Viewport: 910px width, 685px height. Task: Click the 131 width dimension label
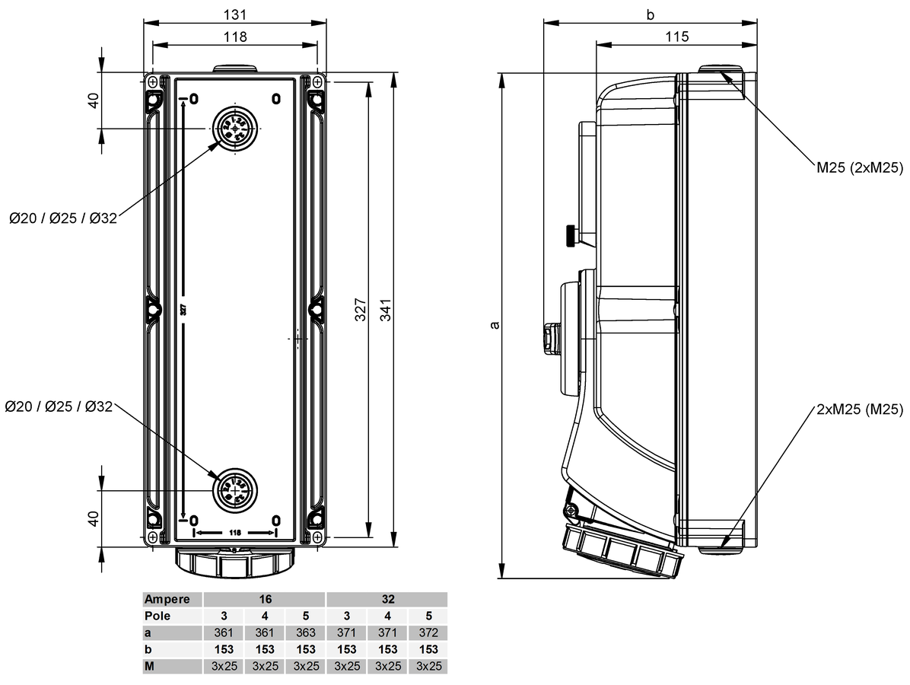(235, 14)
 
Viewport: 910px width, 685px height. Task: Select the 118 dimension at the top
(235, 37)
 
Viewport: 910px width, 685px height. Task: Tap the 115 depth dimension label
(676, 37)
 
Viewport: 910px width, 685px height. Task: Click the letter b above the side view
(650, 14)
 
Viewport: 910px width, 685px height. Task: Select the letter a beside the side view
(495, 325)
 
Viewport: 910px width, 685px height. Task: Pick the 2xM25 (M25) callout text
(858, 409)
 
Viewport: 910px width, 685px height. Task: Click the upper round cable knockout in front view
(235, 128)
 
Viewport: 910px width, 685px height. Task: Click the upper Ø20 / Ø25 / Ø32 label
(63, 218)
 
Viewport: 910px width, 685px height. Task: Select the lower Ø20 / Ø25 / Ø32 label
(58, 407)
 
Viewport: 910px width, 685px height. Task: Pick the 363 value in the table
(305, 632)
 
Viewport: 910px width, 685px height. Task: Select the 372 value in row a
(428, 632)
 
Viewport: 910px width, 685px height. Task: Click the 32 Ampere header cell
(387, 599)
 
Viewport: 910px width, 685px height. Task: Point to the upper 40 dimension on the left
(93, 100)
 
